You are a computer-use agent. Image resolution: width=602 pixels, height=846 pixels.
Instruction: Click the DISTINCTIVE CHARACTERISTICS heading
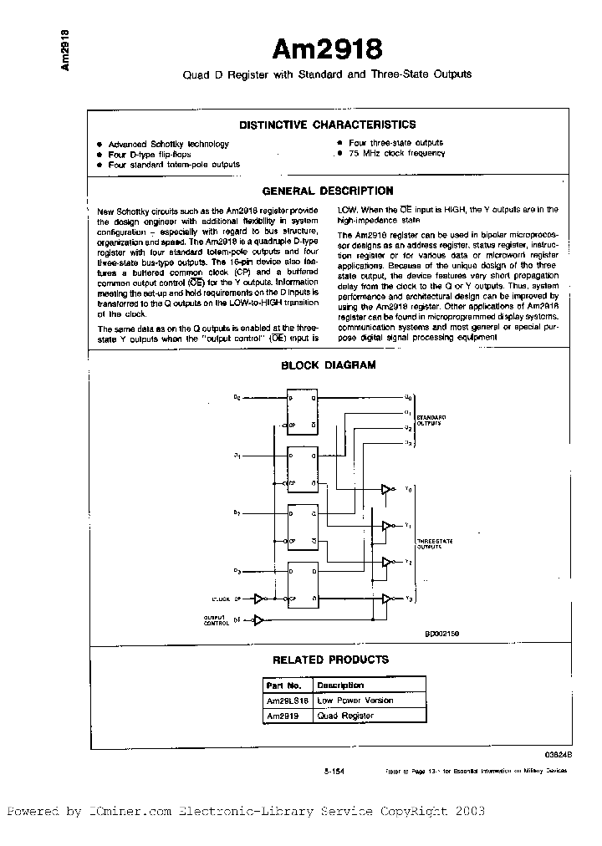coord(327,125)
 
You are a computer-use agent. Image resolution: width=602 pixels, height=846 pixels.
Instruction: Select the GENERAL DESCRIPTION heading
coord(327,191)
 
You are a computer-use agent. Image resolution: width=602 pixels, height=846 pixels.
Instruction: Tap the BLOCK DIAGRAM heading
coord(328,364)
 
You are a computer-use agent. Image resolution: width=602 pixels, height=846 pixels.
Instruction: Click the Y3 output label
coord(407,599)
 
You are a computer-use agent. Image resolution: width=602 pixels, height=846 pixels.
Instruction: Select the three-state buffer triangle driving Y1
coord(386,526)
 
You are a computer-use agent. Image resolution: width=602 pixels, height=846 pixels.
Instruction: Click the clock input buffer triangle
coord(260,599)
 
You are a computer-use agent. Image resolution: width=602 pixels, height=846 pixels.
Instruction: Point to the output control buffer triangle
coord(259,620)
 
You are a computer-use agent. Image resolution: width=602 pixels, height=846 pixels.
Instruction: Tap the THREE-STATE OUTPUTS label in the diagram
coord(435,544)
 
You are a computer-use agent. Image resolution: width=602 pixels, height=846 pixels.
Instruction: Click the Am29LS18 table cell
coord(288,701)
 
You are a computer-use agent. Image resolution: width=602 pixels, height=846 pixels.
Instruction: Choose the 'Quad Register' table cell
coord(345,716)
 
